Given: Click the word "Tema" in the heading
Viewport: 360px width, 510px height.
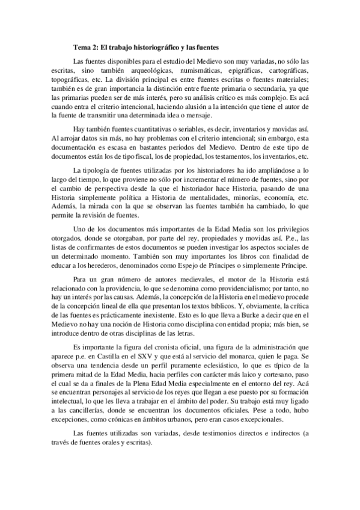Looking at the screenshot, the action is (81, 46).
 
